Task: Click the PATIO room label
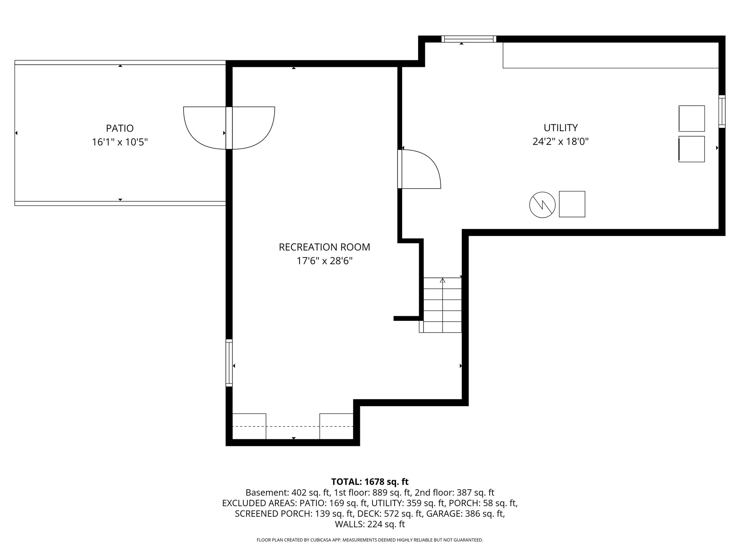pos(120,128)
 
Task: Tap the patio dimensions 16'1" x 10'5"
pos(120,142)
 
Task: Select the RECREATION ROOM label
pos(324,247)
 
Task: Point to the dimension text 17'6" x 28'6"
pos(324,261)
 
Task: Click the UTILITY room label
pos(560,128)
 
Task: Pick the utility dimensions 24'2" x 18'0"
pos(560,141)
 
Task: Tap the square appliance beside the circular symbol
pos(572,204)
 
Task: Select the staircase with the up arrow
pos(442,305)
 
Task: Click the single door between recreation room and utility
pos(419,169)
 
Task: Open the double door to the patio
pos(229,128)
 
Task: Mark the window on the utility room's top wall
pos(469,39)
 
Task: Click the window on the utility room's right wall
pos(722,111)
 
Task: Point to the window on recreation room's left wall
pos(229,363)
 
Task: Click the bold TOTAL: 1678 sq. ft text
pos(370,482)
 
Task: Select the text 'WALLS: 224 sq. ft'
pos(370,524)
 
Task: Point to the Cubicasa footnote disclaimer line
pos(370,540)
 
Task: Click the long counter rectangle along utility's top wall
pos(610,55)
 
